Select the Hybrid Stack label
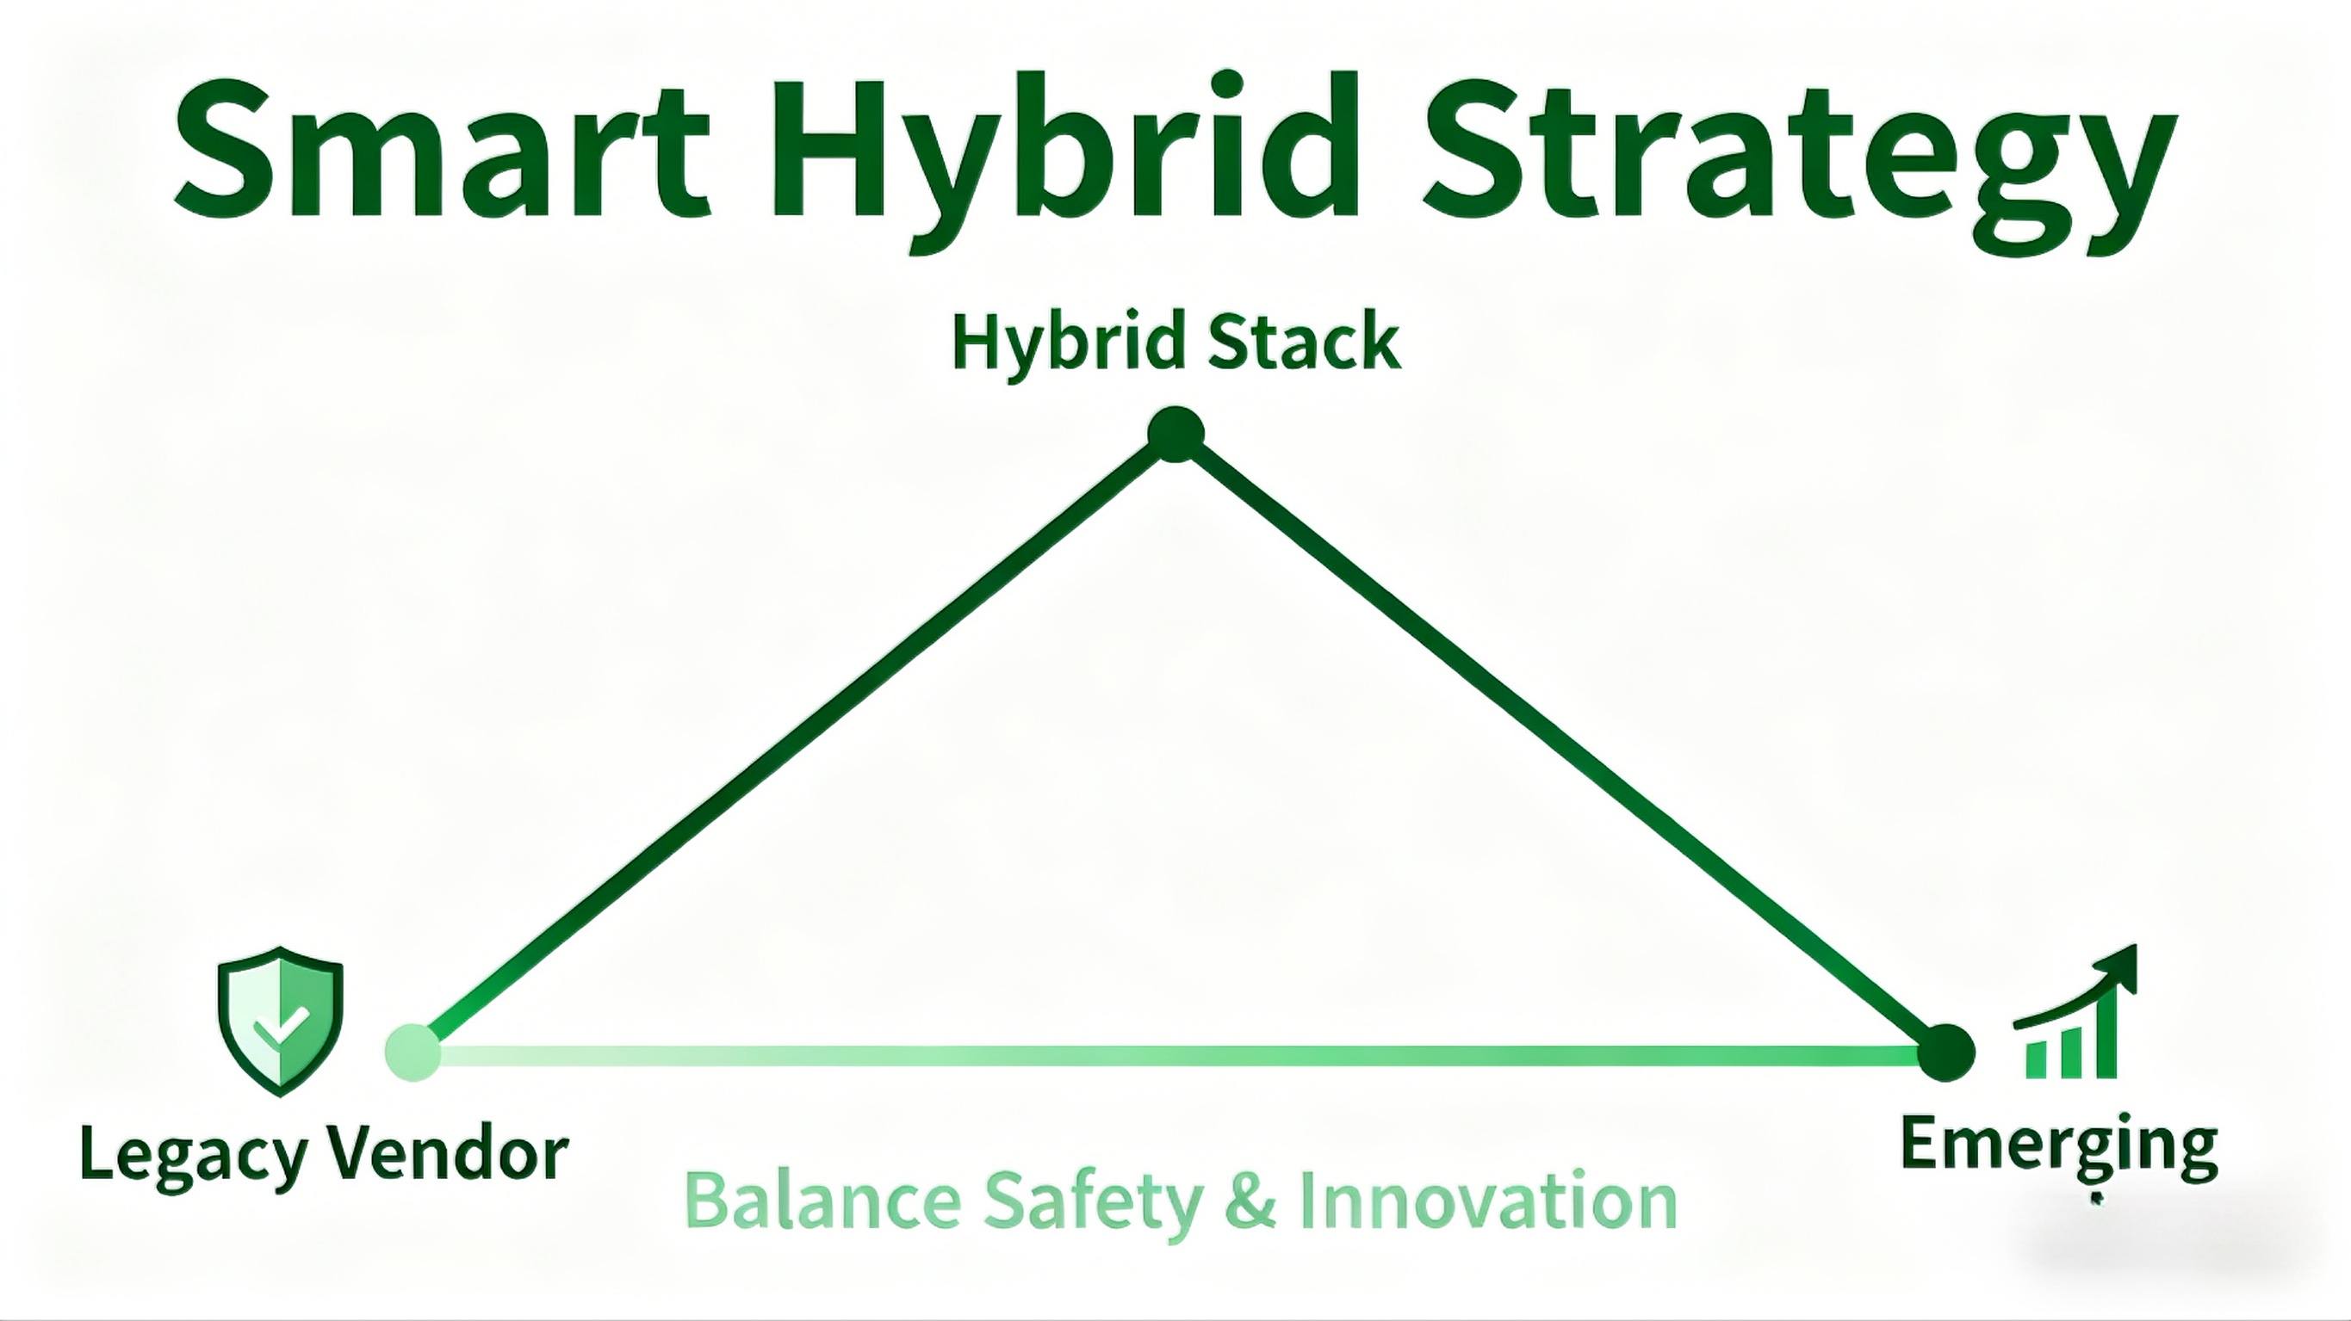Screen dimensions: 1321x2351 coord(1175,343)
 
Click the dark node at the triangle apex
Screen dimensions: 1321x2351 coord(1175,435)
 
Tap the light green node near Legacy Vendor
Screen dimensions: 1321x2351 coord(413,1052)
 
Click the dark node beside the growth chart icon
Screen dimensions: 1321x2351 coord(1947,1052)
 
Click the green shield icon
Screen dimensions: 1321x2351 coord(280,1020)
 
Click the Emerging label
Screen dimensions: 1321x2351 coord(2058,1145)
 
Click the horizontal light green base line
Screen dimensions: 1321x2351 coord(1177,1056)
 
